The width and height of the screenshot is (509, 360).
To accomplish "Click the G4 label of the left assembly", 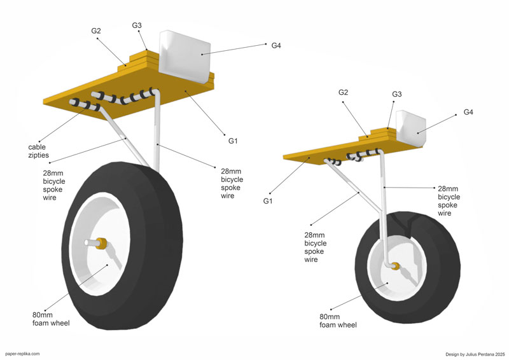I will click(x=276, y=45).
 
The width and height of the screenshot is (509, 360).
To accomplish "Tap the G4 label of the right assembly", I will click(x=468, y=112).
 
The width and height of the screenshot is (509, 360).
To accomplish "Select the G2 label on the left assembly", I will click(x=96, y=31).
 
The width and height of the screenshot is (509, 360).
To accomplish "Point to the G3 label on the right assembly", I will click(x=396, y=94).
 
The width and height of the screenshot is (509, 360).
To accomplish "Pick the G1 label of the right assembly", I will click(x=267, y=201).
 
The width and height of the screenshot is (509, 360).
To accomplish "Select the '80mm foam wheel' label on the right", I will click(x=339, y=321).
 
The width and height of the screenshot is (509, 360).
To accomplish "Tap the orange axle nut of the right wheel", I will click(x=395, y=266).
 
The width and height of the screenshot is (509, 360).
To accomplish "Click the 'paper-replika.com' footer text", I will click(x=22, y=353).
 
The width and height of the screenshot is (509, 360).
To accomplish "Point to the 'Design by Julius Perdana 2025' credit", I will click(x=475, y=353).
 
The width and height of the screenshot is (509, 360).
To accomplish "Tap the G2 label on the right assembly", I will click(x=343, y=92).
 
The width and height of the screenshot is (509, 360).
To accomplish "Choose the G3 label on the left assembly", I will click(x=137, y=25).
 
